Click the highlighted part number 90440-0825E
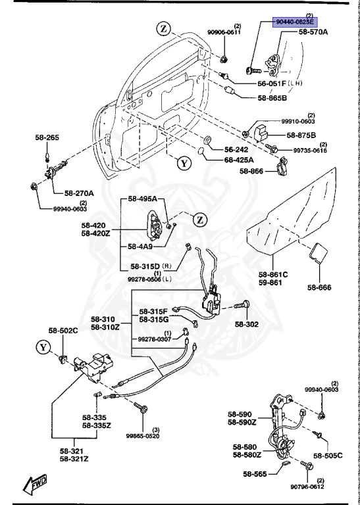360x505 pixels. [295, 22]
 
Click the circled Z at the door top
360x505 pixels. [165, 30]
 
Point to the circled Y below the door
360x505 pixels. [184, 164]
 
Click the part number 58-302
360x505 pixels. [247, 324]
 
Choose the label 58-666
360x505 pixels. [319, 287]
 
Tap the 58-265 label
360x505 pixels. [47, 138]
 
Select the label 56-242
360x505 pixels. [236, 149]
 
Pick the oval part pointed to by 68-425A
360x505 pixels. [201, 151]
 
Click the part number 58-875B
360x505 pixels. [301, 135]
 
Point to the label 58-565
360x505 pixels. [255, 474]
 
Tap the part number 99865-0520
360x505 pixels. [142, 436]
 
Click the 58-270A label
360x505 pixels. [79, 193]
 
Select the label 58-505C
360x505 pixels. [328, 456]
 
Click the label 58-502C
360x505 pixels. [63, 331]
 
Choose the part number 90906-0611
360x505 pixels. [224, 32]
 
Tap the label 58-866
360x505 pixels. [251, 172]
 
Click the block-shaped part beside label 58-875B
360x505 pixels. [262, 133]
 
